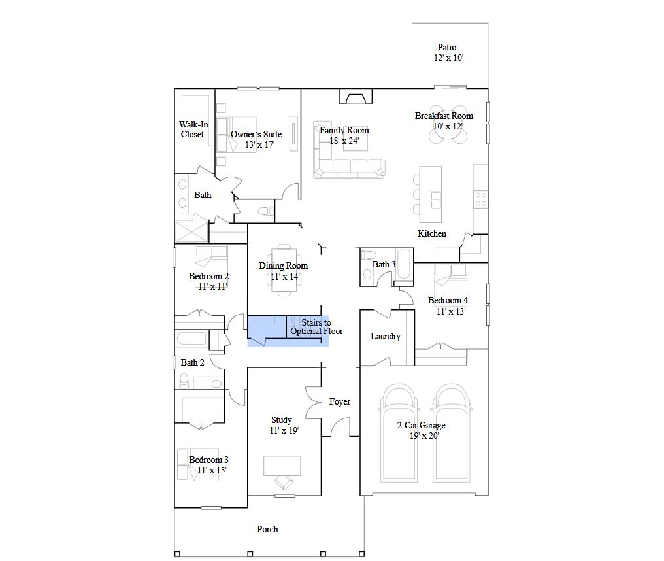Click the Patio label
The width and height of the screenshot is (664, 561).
[447, 47]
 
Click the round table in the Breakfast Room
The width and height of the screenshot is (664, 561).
[448, 124]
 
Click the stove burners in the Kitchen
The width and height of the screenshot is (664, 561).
[480, 199]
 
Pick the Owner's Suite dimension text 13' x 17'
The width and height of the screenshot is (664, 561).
[259, 144]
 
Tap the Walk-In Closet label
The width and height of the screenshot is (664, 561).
[193, 129]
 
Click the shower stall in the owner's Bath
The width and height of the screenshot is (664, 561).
[191, 232]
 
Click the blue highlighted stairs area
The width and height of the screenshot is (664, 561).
[288, 331]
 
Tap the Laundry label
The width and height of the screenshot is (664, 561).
[386, 336]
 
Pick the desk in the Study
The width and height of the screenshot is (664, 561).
[282, 465]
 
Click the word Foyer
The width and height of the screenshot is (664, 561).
[340, 402]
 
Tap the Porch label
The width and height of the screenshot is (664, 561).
[267, 529]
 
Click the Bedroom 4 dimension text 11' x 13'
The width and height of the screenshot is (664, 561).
[451, 311]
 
